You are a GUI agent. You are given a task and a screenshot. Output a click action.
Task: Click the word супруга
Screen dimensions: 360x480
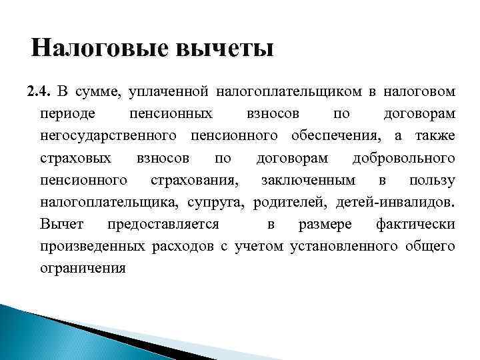pyautogui.click(x=221, y=202)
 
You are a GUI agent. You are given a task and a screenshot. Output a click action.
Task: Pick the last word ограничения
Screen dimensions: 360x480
pyautogui.click(x=82, y=269)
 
